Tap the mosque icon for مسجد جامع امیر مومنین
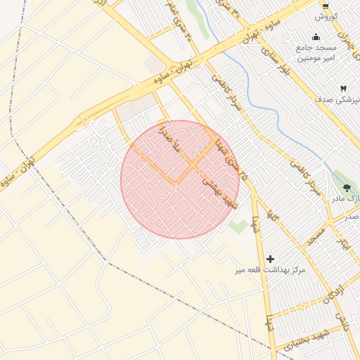pos(316,37)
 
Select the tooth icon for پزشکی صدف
pos(343,89)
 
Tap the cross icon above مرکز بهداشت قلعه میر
pos(270,259)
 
